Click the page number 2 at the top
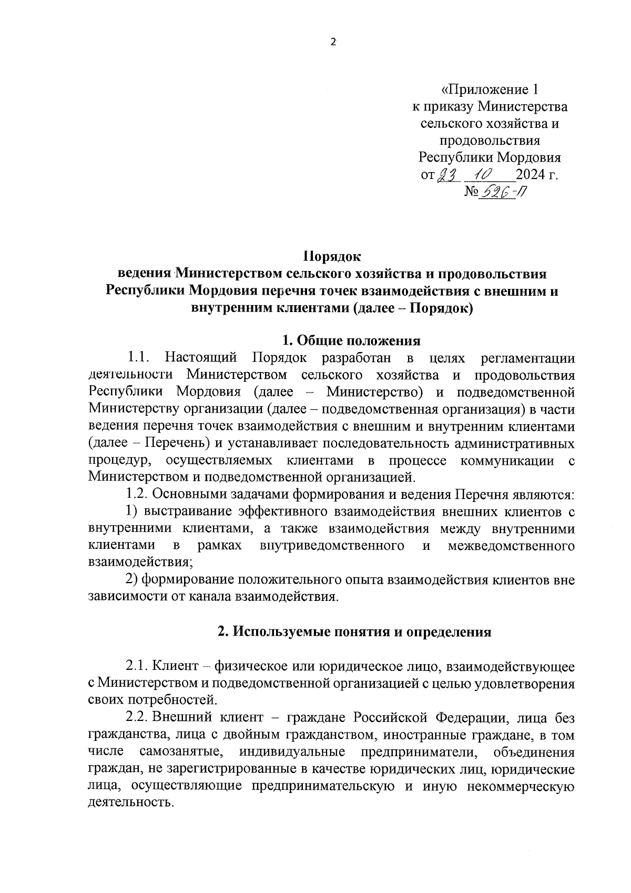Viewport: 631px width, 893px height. [332, 43]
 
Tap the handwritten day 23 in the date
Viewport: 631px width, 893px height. [445, 174]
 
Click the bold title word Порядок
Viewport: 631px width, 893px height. [332, 257]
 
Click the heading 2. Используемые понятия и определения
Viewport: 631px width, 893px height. [354, 631]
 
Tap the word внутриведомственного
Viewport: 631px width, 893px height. [332, 546]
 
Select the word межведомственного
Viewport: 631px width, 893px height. [511, 546]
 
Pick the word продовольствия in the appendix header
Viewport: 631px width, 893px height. [490, 141]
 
